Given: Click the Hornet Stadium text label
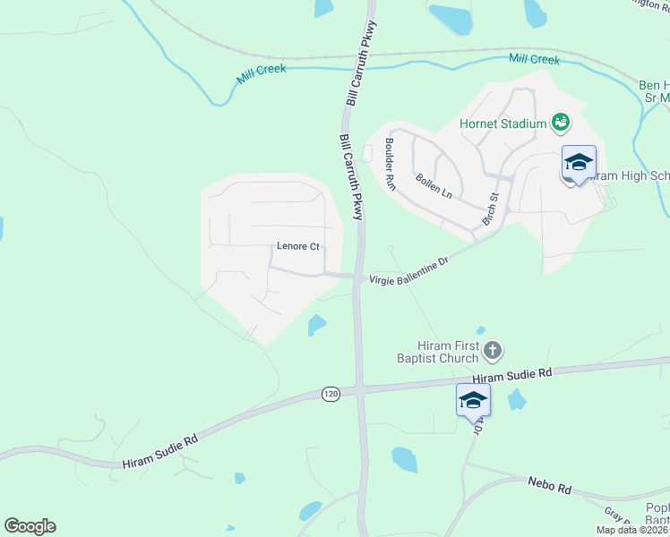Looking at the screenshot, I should pos(502,123).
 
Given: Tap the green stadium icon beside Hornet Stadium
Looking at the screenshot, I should pos(561,122).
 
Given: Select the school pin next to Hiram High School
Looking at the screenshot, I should pos(579,164).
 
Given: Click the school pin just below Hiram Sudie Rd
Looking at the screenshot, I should pos(473,401).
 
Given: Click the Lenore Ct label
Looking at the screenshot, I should pos(297,246).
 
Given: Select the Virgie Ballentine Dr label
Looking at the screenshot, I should pos(408,272).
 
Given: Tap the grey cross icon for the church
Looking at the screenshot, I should pos(493,350).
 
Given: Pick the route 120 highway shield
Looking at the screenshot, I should pos(331,394).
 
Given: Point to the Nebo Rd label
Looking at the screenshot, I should pos(549,486).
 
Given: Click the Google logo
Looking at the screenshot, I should pos(30,526).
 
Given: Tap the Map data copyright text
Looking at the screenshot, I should pos(632,530).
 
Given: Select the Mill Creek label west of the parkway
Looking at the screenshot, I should pos(262,74).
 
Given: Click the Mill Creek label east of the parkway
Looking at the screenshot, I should pos(534,60).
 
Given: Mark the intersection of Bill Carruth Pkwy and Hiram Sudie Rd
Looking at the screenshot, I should pos(359,389).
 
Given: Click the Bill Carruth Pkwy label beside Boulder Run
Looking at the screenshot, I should pos(352,177).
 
